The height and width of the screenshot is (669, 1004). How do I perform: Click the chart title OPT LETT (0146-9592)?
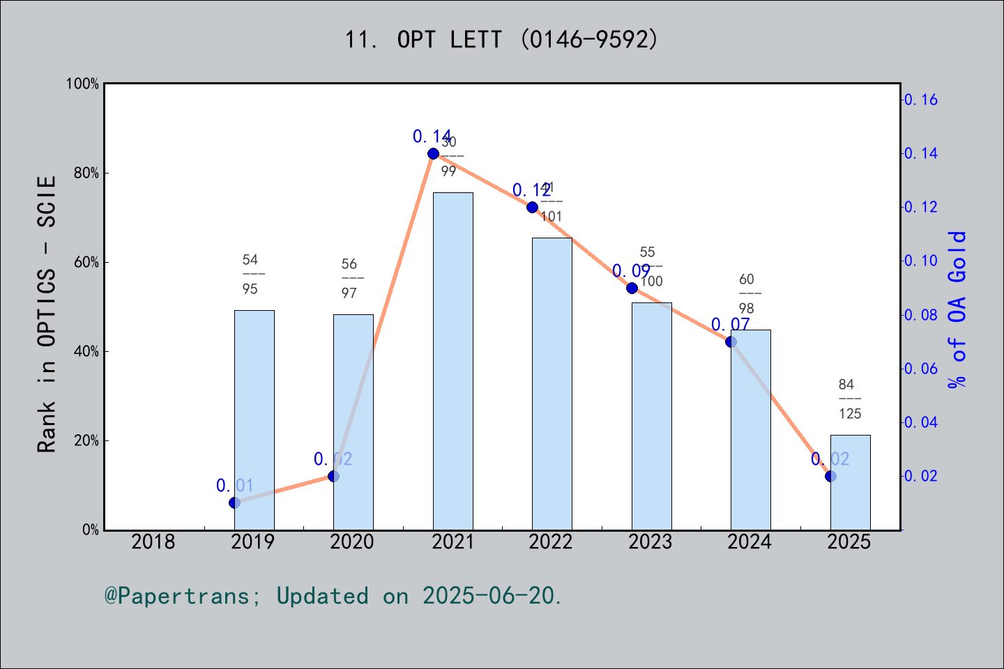pyautogui.click(x=501, y=40)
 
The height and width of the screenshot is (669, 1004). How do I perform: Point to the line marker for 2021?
pyautogui.click(x=433, y=153)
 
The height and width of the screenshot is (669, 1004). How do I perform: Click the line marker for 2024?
pyautogui.click(x=731, y=341)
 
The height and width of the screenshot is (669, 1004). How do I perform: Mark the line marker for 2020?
pyautogui.click(x=333, y=476)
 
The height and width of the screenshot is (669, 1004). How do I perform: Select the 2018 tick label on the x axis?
pyautogui.click(x=153, y=541)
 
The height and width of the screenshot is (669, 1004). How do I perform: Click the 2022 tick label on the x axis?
pyautogui.click(x=551, y=541)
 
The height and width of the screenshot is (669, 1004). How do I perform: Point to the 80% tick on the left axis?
pyautogui.click(x=86, y=173)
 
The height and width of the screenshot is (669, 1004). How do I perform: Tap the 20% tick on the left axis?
pyautogui.click(x=86, y=440)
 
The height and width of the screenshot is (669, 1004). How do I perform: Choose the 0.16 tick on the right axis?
pyautogui.click(x=921, y=100)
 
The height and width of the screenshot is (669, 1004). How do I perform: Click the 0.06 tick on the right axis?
pyautogui.click(x=921, y=369)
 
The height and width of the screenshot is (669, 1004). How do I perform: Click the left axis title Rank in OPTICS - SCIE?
pyautogui.click(x=47, y=314)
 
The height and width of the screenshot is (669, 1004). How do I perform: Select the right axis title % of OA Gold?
pyautogui.click(x=957, y=309)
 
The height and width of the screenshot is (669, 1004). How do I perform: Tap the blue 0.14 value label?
pyautogui.click(x=432, y=137)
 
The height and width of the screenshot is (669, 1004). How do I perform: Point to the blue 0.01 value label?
pyautogui.click(x=235, y=486)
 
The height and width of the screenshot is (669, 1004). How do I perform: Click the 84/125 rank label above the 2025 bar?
pyautogui.click(x=849, y=399)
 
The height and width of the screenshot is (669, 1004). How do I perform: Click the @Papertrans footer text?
pyautogui.click(x=333, y=596)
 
